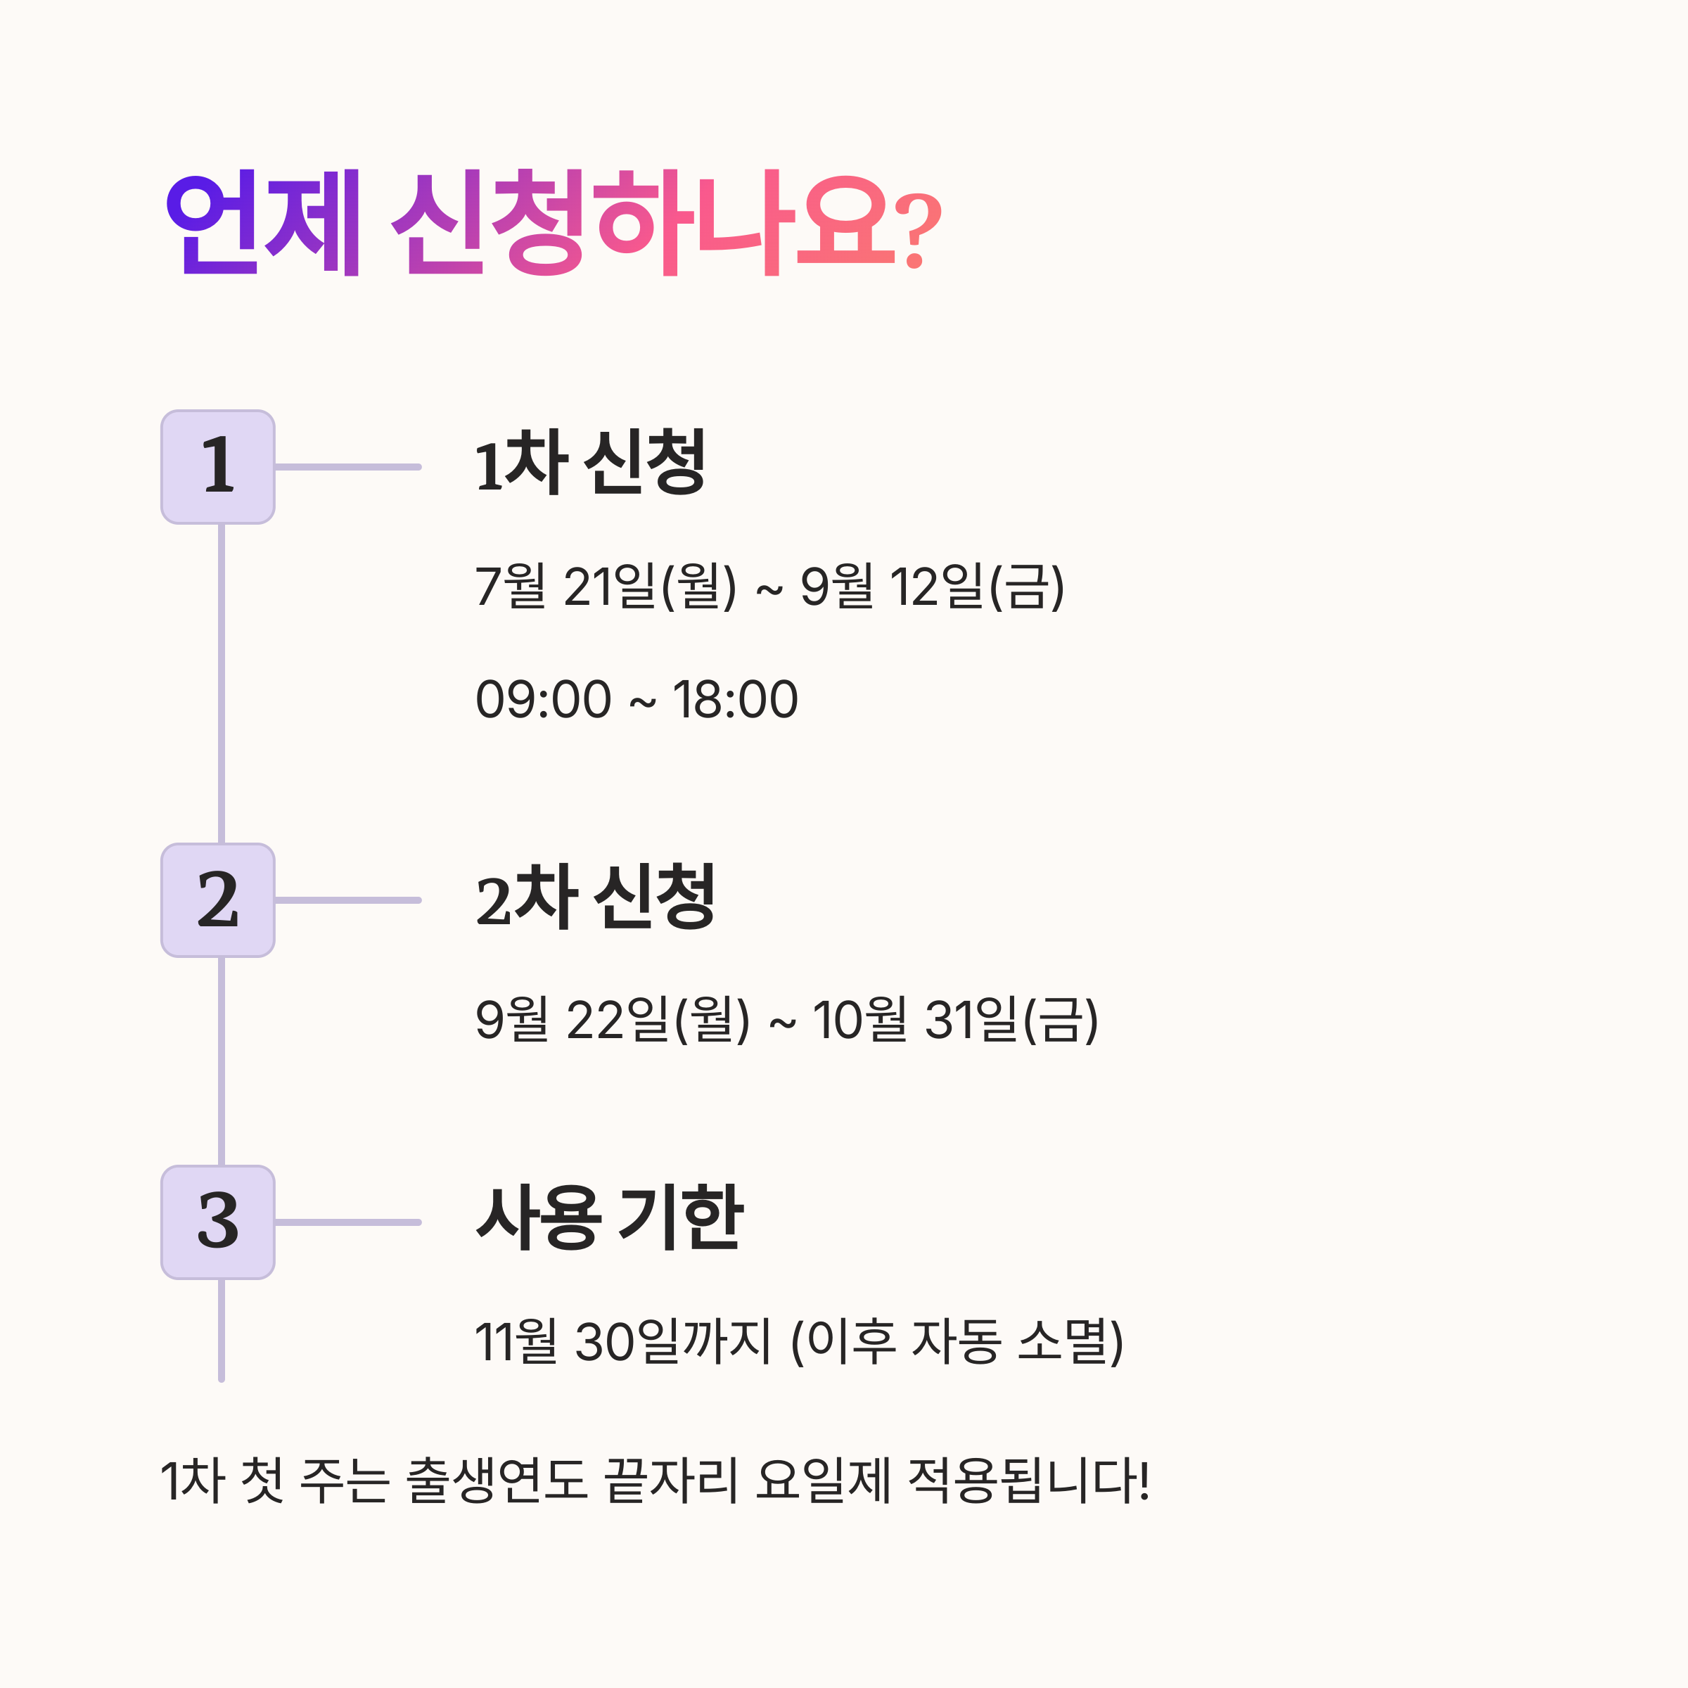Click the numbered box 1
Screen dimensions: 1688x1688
[217, 466]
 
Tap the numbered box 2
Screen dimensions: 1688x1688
[217, 900]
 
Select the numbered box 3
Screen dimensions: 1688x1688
[217, 1222]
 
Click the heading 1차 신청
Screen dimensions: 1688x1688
[590, 462]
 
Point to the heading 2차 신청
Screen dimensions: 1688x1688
[595, 897]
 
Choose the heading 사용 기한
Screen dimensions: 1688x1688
[609, 1218]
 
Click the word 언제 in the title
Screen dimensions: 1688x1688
[263, 222]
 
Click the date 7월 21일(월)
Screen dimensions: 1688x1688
[606, 587]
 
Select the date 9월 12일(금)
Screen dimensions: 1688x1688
[932, 587]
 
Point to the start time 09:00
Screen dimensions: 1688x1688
[542, 700]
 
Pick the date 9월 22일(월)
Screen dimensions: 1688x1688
[613, 1020]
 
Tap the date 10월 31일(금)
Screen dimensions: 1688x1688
[955, 1020]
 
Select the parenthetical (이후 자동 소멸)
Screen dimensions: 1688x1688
[957, 1342]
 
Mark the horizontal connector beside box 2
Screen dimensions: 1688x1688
[347, 900]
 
